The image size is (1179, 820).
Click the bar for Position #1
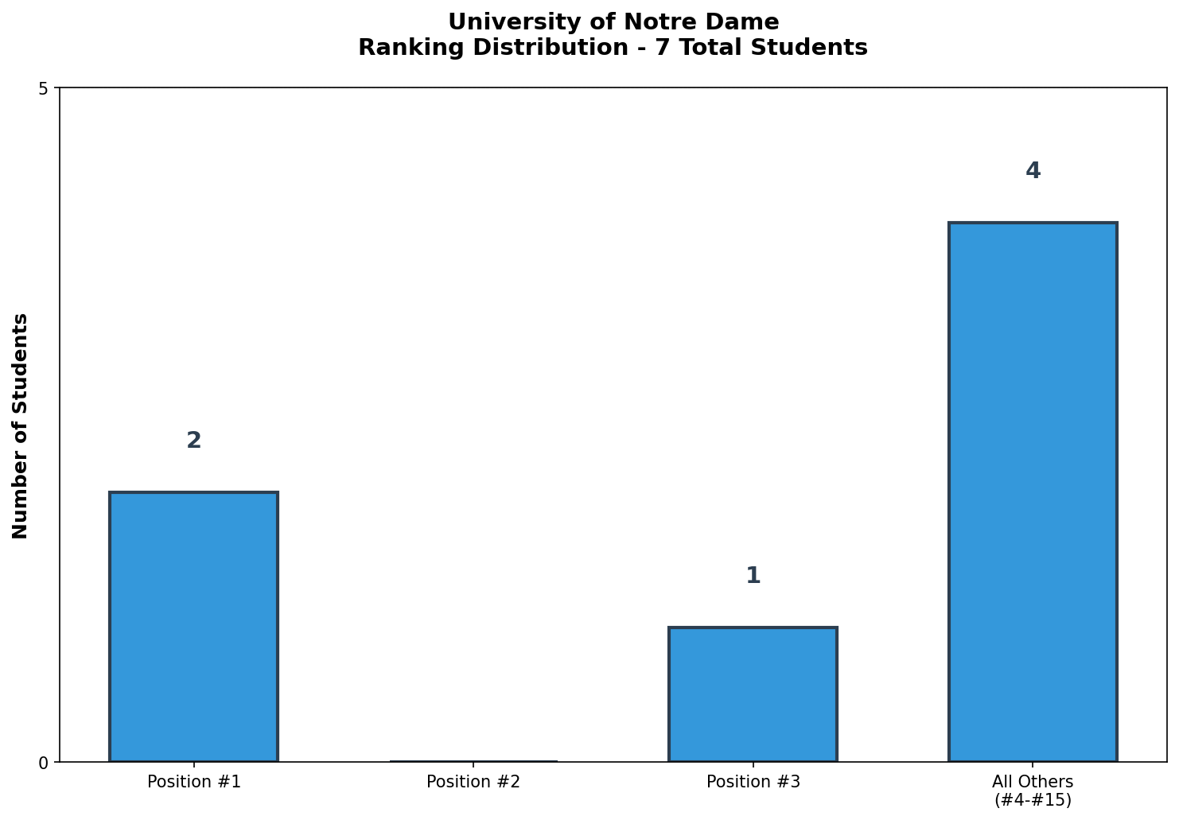coord(193,627)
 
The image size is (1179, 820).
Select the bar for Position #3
coord(753,694)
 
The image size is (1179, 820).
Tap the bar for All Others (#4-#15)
coord(1033,492)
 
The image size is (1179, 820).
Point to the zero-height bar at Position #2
coord(473,761)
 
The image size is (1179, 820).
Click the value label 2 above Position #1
coord(193,441)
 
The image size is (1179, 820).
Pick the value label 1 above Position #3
coord(753,576)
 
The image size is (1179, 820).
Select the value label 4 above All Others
coord(1033,171)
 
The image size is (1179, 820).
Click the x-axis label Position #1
coord(193,782)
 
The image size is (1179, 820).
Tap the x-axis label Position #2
coord(473,782)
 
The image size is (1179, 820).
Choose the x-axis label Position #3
coord(753,782)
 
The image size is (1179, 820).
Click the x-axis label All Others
coord(1033,782)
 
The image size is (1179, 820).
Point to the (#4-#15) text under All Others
coord(1033,800)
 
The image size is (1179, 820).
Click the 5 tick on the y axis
coord(43,89)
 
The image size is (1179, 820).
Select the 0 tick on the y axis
coord(43,763)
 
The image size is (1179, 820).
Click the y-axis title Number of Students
coord(21,426)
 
